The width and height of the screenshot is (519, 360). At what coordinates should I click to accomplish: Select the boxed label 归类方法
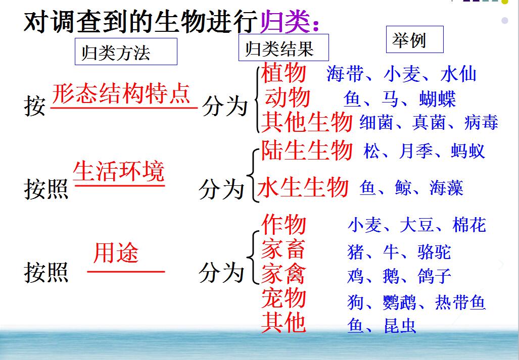pos(126,52)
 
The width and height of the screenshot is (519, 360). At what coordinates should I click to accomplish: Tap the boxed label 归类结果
pos(284,47)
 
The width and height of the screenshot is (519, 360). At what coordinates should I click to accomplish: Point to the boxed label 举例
pos(414,40)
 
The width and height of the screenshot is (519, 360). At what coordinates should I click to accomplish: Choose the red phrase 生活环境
pos(118,171)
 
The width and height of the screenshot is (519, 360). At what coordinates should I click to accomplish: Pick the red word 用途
pos(116,253)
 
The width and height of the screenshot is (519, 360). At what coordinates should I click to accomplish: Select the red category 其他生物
pos(307,122)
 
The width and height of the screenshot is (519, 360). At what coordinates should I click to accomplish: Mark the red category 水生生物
pos(303,187)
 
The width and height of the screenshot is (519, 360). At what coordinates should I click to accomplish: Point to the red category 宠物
pos(284,297)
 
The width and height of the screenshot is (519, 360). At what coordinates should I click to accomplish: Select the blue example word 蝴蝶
pos(437,98)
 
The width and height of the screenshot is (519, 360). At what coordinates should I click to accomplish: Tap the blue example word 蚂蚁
pos(467,151)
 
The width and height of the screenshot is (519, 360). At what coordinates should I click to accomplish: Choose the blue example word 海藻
pos(446,188)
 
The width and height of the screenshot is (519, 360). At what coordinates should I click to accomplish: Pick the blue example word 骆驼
pos(434,252)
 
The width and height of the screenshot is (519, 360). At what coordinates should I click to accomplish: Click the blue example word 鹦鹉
pos(399,302)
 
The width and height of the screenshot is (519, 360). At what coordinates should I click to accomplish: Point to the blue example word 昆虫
pos(400,326)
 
